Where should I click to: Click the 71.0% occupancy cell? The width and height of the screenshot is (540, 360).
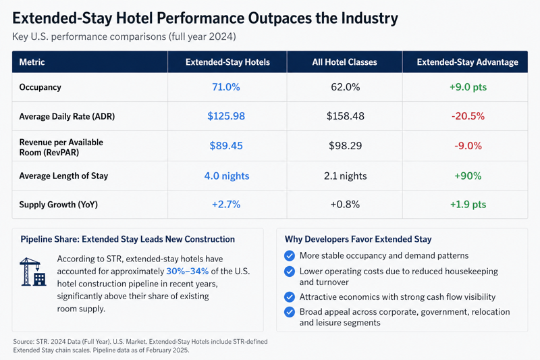[227, 87]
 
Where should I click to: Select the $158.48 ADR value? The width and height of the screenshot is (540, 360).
[345, 116]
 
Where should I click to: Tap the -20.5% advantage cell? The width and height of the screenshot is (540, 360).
[468, 116]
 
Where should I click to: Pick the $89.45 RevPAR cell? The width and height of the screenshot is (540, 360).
[227, 145]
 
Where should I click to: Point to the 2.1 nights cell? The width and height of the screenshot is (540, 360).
[345, 176]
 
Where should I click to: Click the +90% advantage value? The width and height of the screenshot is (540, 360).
[468, 176]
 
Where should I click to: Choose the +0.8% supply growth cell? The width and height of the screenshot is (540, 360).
[345, 205]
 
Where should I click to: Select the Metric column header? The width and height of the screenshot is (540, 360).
[32, 62]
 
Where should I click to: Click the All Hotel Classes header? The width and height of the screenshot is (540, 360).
[345, 62]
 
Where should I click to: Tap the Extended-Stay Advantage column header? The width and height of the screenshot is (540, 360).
[468, 62]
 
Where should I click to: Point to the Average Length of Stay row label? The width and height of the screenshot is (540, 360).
[63, 176]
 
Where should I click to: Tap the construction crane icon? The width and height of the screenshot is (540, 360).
[33, 271]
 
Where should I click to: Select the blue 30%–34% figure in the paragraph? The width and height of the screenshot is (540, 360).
[187, 271]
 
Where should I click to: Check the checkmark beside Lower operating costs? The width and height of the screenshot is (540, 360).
[290, 272]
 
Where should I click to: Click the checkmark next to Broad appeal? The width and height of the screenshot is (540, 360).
[290, 312]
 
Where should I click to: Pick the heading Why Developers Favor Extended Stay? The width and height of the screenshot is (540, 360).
[358, 239]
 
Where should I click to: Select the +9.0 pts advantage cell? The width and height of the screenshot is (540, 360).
[468, 87]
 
